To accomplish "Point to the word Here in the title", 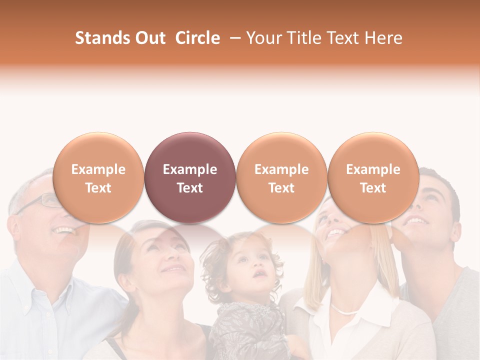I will coord(383,38).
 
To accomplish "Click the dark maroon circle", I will coord(190,177).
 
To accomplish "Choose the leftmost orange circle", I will coord(98,177).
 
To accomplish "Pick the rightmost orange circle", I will coord(373,177).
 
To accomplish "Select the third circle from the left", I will coord(281,177).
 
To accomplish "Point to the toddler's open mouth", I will coord(259,274).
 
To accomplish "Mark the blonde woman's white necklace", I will coord(345,310).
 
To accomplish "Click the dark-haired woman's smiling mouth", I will coord(172,270).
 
